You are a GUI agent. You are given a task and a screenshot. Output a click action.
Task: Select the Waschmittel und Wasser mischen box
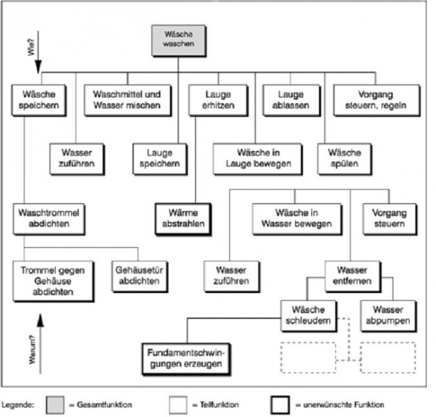128,100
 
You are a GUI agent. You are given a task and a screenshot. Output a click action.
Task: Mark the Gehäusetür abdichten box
137,276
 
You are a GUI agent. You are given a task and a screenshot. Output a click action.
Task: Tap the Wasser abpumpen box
388,316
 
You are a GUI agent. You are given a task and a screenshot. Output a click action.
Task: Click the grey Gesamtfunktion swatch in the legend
56,404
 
